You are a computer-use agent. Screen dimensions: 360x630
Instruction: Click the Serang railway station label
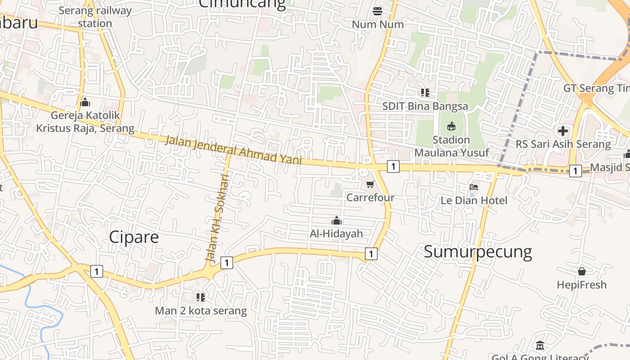point(95,17)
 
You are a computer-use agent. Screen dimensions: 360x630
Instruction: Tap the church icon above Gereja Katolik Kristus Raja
point(85,103)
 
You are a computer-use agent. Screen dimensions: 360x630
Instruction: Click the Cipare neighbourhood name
point(134,237)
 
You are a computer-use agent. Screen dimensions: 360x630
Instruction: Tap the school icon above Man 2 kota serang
point(201,297)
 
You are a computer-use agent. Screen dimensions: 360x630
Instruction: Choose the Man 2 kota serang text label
point(201,310)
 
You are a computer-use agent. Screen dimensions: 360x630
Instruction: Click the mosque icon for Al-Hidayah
point(336,220)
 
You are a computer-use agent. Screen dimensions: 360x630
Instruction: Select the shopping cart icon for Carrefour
point(370,184)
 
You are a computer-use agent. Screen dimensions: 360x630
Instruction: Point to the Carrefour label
point(370,197)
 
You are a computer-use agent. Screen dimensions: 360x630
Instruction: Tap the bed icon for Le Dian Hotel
point(473,187)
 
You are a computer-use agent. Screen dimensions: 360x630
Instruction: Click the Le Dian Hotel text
point(473,200)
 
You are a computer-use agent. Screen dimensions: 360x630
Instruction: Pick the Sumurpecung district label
point(478,252)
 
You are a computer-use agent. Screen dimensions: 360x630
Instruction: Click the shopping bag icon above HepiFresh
point(581,271)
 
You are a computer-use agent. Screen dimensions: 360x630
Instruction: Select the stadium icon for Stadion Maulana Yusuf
point(451,126)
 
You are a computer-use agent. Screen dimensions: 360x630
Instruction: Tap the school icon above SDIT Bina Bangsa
point(425,93)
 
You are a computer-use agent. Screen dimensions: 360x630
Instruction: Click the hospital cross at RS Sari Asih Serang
point(562,131)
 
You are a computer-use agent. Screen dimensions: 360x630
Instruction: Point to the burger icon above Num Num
point(378,11)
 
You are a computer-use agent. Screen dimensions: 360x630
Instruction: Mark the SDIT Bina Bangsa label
point(425,107)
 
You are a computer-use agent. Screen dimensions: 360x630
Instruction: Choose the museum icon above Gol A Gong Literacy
point(540,346)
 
